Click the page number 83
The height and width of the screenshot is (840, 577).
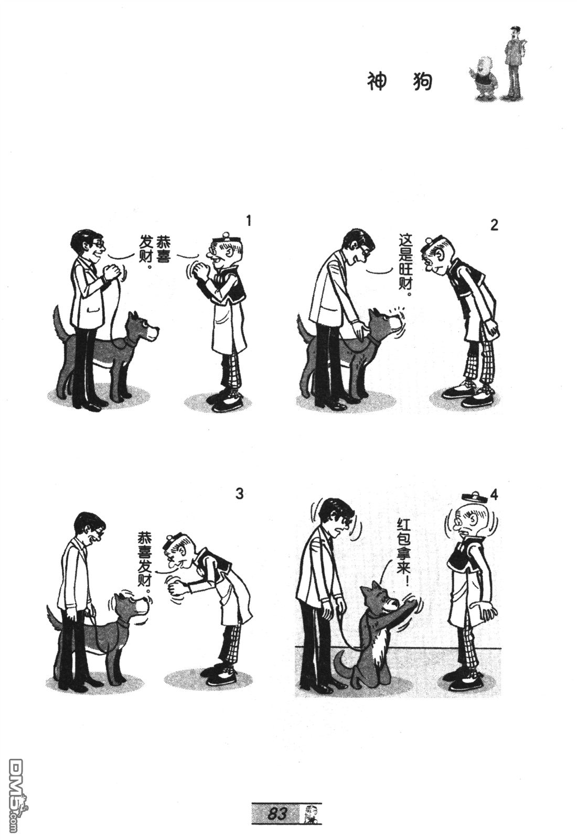[277, 811]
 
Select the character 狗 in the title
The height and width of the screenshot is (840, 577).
[422, 82]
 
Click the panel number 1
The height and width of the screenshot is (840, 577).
[248, 221]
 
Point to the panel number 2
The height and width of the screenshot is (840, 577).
[495, 225]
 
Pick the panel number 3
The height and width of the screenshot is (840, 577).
[240, 494]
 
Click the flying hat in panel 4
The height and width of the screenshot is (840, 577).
[475, 497]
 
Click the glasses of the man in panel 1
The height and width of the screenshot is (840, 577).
[99, 244]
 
